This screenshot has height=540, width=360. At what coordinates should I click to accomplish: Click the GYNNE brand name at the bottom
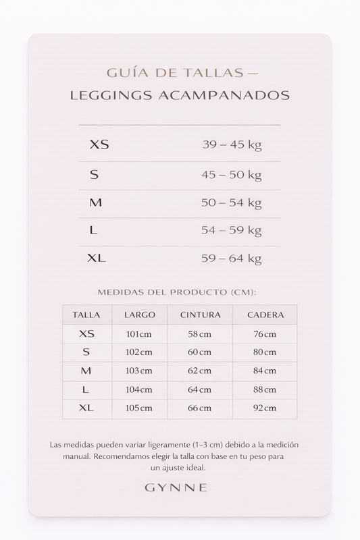point(180,487)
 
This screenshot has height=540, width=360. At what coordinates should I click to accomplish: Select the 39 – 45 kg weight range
point(232,144)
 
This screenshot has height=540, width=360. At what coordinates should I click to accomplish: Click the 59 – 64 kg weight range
point(232,259)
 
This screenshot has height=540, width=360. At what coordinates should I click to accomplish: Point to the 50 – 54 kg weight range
point(232,202)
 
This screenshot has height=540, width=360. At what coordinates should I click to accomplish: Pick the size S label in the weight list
point(95,175)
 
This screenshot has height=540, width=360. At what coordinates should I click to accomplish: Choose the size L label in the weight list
point(94,230)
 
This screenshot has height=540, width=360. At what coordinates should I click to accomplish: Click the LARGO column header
point(140,315)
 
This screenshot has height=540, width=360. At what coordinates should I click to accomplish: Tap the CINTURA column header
point(200,315)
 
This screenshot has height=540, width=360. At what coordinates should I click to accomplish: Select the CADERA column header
point(265,315)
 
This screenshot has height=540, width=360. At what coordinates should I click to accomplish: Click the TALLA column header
point(86,315)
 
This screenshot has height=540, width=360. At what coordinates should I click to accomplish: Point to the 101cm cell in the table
point(140,334)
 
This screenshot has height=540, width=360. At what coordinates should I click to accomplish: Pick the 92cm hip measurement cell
point(265,408)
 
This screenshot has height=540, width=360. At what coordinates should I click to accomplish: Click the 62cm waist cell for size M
point(200,371)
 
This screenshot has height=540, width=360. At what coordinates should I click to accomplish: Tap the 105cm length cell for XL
point(140,408)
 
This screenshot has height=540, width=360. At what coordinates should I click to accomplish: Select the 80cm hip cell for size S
point(265,352)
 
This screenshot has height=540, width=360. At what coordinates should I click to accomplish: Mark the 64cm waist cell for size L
point(200,389)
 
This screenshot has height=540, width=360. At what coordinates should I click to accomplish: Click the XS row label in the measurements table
point(86,333)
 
